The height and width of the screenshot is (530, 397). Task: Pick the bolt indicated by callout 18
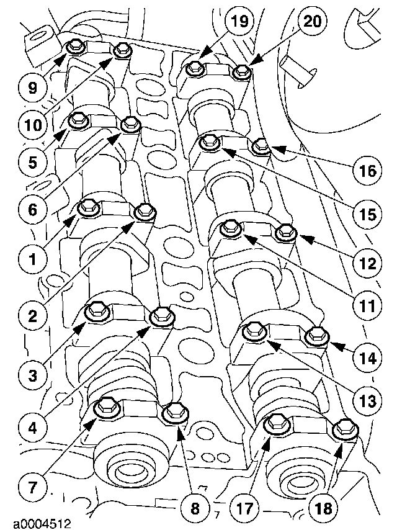344,428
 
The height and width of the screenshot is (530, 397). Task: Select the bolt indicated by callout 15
211,143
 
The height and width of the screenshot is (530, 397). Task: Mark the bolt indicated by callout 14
316,335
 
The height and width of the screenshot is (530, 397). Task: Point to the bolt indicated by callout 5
79,120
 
